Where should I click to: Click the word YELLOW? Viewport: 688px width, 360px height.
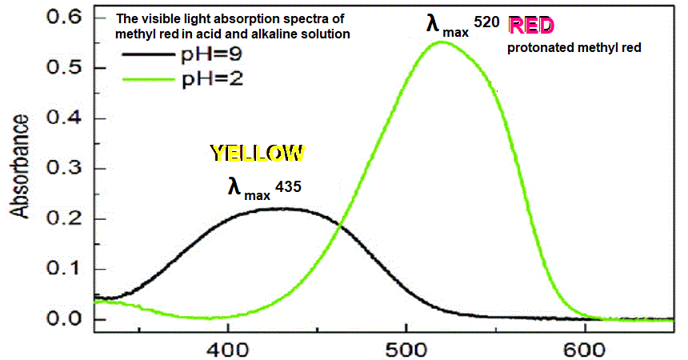(257, 153)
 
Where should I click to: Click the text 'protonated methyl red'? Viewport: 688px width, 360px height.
(574, 48)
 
